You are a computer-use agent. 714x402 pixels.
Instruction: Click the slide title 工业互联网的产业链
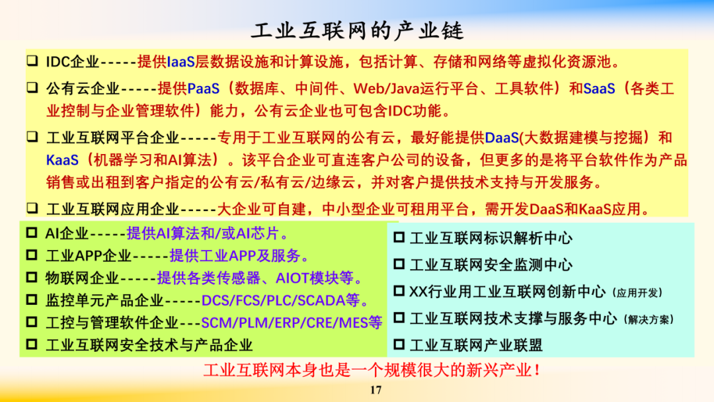(x=357, y=30)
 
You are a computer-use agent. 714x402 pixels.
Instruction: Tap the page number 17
(x=376, y=390)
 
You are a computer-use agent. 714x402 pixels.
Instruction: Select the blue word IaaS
(x=180, y=61)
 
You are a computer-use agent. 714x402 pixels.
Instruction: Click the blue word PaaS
(x=203, y=89)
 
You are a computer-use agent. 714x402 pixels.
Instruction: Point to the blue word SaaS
(x=599, y=89)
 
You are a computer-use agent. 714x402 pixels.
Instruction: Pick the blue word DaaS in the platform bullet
(x=502, y=138)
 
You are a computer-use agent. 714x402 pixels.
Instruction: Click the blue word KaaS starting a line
(x=62, y=160)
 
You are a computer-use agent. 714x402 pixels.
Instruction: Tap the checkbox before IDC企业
(x=32, y=61)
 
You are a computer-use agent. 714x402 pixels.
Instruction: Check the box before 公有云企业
(x=32, y=87)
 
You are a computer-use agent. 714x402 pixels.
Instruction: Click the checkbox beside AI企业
(x=32, y=233)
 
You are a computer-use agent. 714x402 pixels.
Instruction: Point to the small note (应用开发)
(x=637, y=293)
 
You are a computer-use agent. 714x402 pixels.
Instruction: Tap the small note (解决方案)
(x=649, y=319)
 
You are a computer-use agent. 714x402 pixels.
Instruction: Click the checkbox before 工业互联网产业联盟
(x=399, y=344)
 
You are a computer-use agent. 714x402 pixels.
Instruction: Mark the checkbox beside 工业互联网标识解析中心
(x=399, y=237)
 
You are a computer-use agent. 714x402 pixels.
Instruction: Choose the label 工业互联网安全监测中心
(x=491, y=265)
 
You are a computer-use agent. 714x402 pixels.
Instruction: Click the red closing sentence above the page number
(x=372, y=370)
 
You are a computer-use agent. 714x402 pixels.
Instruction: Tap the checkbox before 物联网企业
(x=32, y=277)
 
